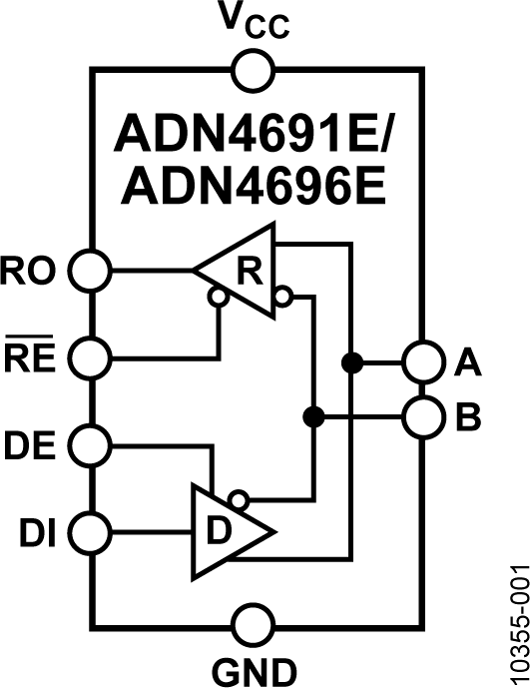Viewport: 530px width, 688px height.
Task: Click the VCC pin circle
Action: click(x=254, y=71)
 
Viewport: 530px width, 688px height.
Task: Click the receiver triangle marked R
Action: click(x=243, y=270)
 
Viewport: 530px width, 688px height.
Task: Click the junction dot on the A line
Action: click(x=350, y=361)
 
